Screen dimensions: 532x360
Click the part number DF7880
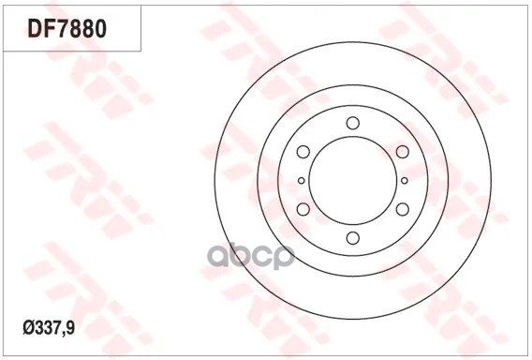(66, 29)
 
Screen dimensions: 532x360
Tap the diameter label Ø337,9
(49, 328)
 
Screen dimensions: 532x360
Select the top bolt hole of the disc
(353, 123)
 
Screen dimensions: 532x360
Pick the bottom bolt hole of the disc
(353, 238)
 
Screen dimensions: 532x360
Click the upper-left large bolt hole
(303, 152)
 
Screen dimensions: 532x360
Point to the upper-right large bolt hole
(403, 152)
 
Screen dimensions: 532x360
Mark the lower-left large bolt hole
(303, 209)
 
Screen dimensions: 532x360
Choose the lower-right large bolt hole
(403, 209)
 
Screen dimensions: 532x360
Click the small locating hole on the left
(302, 180)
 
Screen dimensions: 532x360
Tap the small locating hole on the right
(404, 180)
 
